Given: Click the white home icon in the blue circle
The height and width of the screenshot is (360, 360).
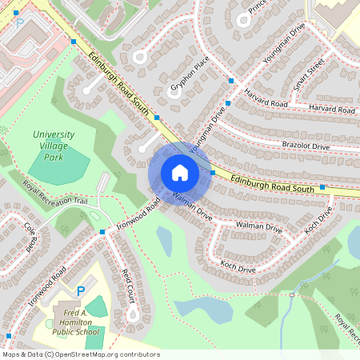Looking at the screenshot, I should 179,172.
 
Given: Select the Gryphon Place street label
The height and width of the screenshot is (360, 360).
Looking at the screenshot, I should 190,72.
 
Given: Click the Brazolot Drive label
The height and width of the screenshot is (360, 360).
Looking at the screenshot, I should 306,146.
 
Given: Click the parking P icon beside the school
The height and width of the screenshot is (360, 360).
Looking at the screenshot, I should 79,290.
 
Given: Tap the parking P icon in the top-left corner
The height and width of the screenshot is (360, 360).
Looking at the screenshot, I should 16,14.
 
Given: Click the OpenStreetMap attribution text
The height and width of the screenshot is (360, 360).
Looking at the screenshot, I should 81,354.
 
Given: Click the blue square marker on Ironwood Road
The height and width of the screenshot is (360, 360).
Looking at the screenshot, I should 102,231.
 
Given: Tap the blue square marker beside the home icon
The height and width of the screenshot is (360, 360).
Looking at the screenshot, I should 213,173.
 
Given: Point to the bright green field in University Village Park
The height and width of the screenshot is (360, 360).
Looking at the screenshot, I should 60,165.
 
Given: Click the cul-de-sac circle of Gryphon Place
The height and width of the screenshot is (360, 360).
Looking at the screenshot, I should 173,90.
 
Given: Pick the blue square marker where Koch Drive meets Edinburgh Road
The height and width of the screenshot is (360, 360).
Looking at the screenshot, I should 322,187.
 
